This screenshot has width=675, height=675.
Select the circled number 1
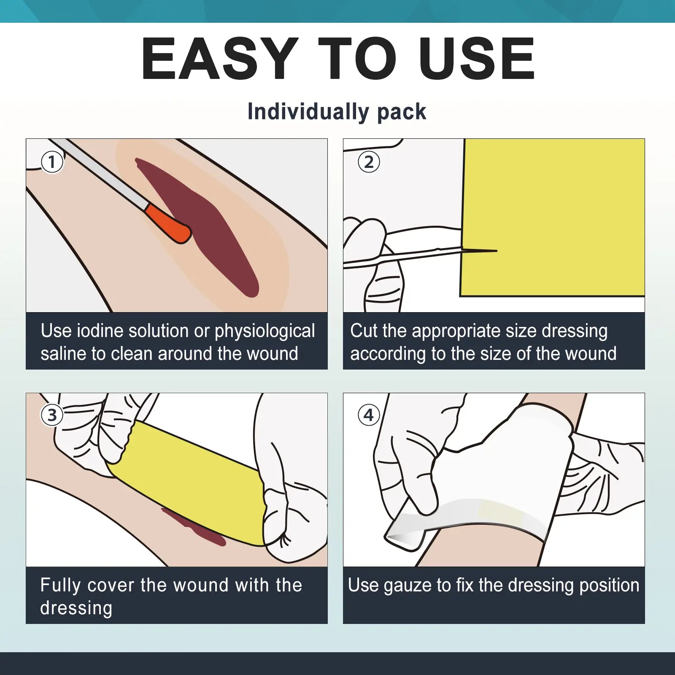pyautogui.click(x=52, y=162)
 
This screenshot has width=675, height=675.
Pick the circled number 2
pyautogui.click(x=369, y=162)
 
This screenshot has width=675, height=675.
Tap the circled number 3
pyautogui.click(x=52, y=415)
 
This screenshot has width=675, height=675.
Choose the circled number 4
pyautogui.click(x=369, y=415)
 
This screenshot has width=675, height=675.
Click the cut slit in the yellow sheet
pyautogui.click(x=480, y=251)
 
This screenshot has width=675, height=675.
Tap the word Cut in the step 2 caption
pyautogui.click(x=363, y=331)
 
